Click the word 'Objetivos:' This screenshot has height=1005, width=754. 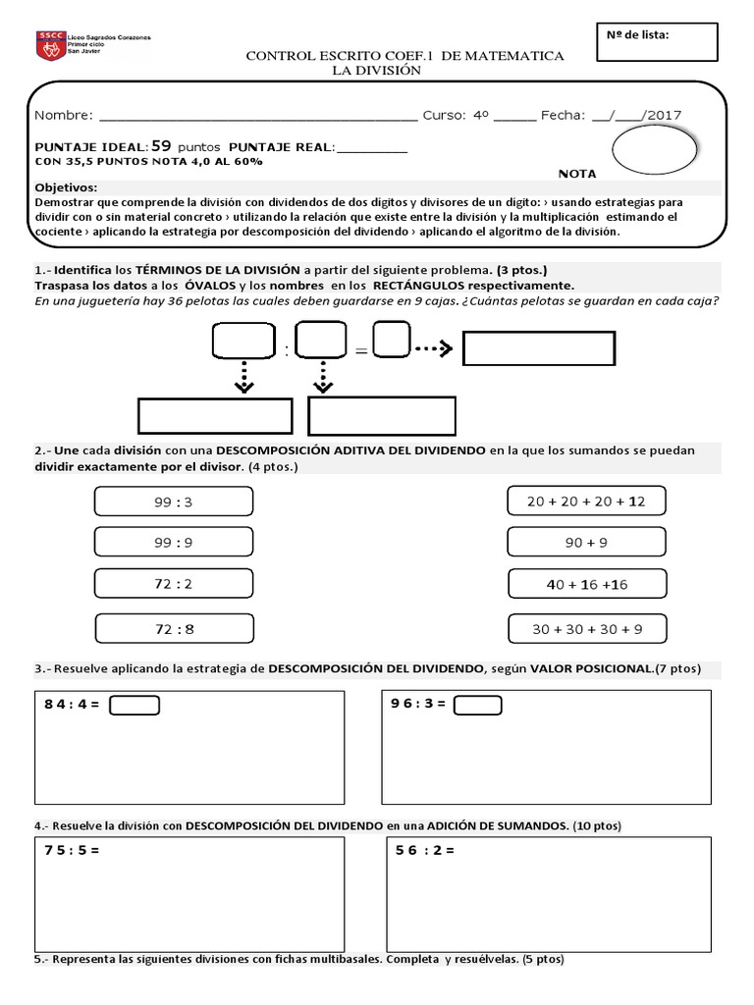point(67,186)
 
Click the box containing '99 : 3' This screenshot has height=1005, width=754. point(174,502)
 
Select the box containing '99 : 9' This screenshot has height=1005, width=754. point(174,543)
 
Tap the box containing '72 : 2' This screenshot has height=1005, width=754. point(174,584)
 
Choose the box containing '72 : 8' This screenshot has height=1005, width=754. point(174,628)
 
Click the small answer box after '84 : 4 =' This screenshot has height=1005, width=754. point(134,705)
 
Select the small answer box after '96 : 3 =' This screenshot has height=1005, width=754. point(477,705)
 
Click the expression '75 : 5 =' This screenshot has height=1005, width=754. point(72,850)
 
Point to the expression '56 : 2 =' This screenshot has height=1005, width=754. point(424,850)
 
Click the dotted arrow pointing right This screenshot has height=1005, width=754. point(431,347)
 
